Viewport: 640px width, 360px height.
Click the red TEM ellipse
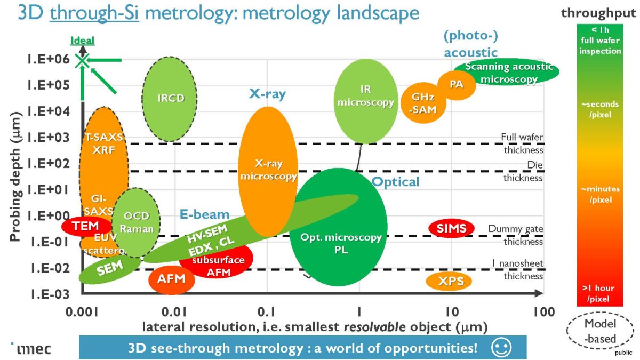coord(86,226)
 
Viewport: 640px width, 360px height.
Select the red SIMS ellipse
coord(451,228)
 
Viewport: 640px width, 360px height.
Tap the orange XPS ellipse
coord(449,281)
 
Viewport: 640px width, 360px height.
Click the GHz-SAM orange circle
coord(424,103)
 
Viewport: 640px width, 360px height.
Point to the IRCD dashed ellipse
coord(171,99)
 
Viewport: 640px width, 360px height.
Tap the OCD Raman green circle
coord(134,222)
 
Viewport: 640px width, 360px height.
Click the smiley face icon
coord(501,348)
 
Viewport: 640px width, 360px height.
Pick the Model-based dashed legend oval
coord(600,331)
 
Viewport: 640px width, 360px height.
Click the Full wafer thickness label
coord(522,143)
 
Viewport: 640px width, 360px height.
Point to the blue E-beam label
coord(204,214)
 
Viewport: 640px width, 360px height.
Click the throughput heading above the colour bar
coord(599,13)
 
